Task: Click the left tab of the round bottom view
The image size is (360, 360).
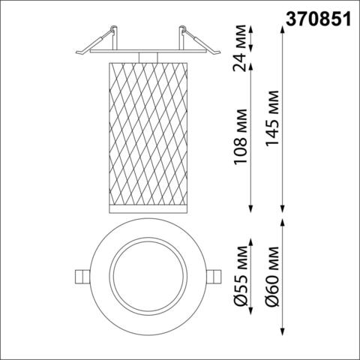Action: click(80, 275)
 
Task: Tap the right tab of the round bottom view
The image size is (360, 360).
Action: click(215, 275)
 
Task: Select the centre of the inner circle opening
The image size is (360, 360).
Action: click(148, 275)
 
